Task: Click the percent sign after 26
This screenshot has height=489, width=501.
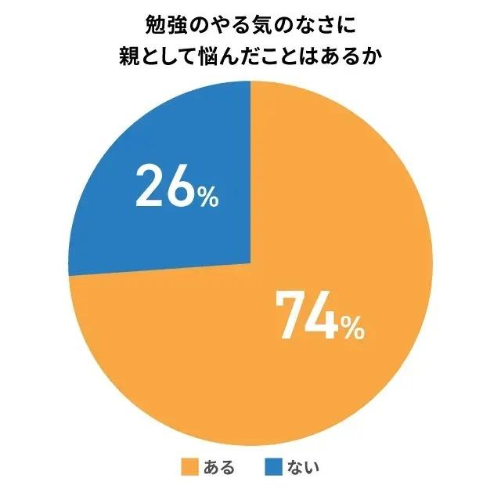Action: (x=207, y=196)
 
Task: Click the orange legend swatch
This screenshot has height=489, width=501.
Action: (x=189, y=469)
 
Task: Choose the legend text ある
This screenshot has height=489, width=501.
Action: (x=218, y=469)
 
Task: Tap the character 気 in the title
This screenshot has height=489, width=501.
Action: (x=258, y=25)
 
